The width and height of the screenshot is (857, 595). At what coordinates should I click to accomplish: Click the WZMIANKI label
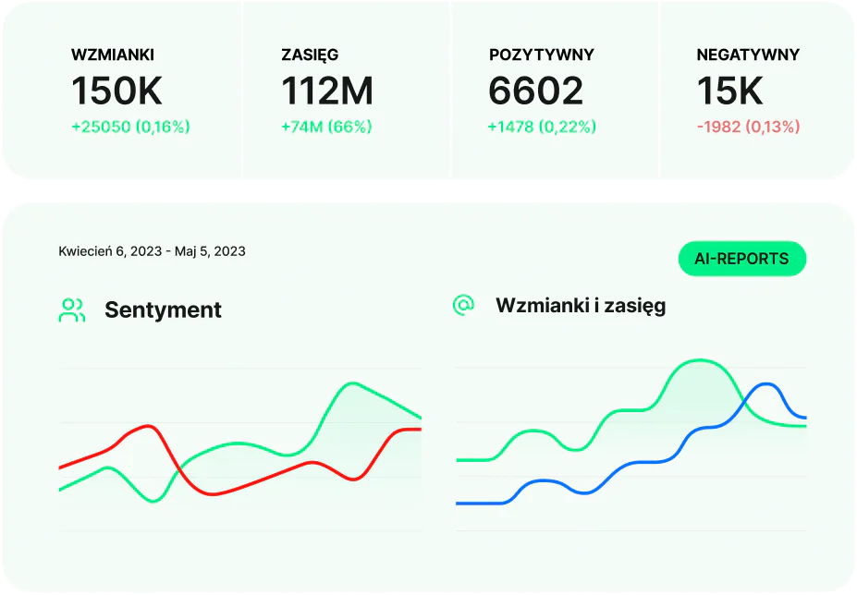tap(112, 55)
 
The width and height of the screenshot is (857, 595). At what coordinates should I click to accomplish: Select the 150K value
tap(116, 91)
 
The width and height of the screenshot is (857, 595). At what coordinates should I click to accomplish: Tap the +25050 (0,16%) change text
tap(130, 127)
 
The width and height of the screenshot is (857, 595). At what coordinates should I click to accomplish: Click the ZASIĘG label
tap(310, 55)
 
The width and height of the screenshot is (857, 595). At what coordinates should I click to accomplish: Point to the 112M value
tap(327, 91)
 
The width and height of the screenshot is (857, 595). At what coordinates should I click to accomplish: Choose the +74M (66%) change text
tap(326, 127)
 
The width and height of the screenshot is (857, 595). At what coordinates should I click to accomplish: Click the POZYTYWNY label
tap(542, 55)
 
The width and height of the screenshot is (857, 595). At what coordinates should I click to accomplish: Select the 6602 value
tap(536, 91)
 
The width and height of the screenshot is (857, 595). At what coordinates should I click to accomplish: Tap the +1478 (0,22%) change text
tap(542, 127)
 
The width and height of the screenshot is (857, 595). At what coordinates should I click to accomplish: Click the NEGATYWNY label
tap(748, 55)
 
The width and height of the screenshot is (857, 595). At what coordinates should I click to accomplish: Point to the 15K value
tap(729, 91)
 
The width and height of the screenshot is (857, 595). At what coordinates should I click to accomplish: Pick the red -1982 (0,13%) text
tap(748, 127)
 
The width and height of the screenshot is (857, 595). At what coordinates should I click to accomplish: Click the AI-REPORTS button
tap(743, 259)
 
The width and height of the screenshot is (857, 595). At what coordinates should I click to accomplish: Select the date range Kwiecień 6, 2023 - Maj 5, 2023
tap(152, 251)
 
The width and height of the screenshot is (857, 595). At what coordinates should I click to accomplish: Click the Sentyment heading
tap(163, 310)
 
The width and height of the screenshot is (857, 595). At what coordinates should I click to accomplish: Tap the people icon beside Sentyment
tap(72, 310)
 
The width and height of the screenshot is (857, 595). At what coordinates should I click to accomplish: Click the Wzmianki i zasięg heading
tap(581, 305)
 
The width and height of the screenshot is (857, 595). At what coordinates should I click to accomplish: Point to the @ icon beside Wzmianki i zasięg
tap(463, 305)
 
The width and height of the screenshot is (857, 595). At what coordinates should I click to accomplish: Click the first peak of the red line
tap(148, 426)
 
